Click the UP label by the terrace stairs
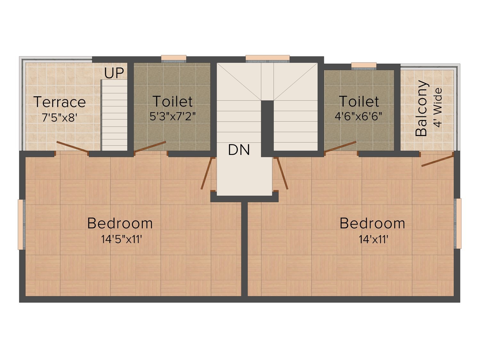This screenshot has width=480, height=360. [114, 73]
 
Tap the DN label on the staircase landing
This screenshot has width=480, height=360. [239, 150]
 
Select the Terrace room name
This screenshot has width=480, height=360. [60, 102]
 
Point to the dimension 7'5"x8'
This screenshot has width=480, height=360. [60, 118]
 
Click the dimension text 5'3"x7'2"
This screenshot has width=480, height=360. [172, 116]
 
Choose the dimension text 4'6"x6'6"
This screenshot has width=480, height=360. [358, 116]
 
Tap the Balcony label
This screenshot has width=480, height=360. [421, 108]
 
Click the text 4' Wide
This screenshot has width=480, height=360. [438, 107]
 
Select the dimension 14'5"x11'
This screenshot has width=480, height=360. [122, 239]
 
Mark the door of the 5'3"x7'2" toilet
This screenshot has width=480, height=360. [150, 147]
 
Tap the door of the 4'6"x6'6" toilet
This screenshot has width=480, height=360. [340, 147]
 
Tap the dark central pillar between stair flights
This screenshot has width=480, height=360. [267, 129]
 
